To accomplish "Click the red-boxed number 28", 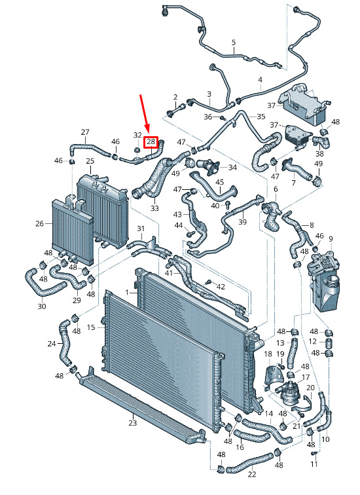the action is pos(151,142).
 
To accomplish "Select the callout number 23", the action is pos(132,422).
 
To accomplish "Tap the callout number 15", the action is pos(91,327).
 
